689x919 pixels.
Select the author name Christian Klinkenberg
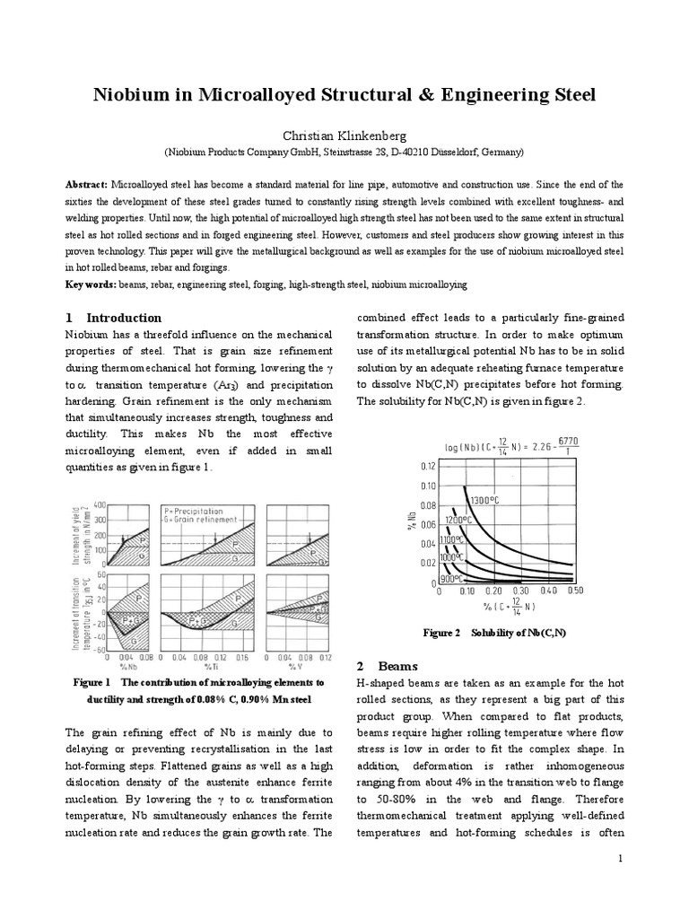tap(344, 135)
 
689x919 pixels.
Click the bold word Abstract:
tap(88, 182)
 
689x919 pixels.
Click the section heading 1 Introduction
tap(114, 318)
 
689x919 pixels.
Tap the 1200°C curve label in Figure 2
tap(460, 520)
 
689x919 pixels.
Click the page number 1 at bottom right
tap(620, 860)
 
